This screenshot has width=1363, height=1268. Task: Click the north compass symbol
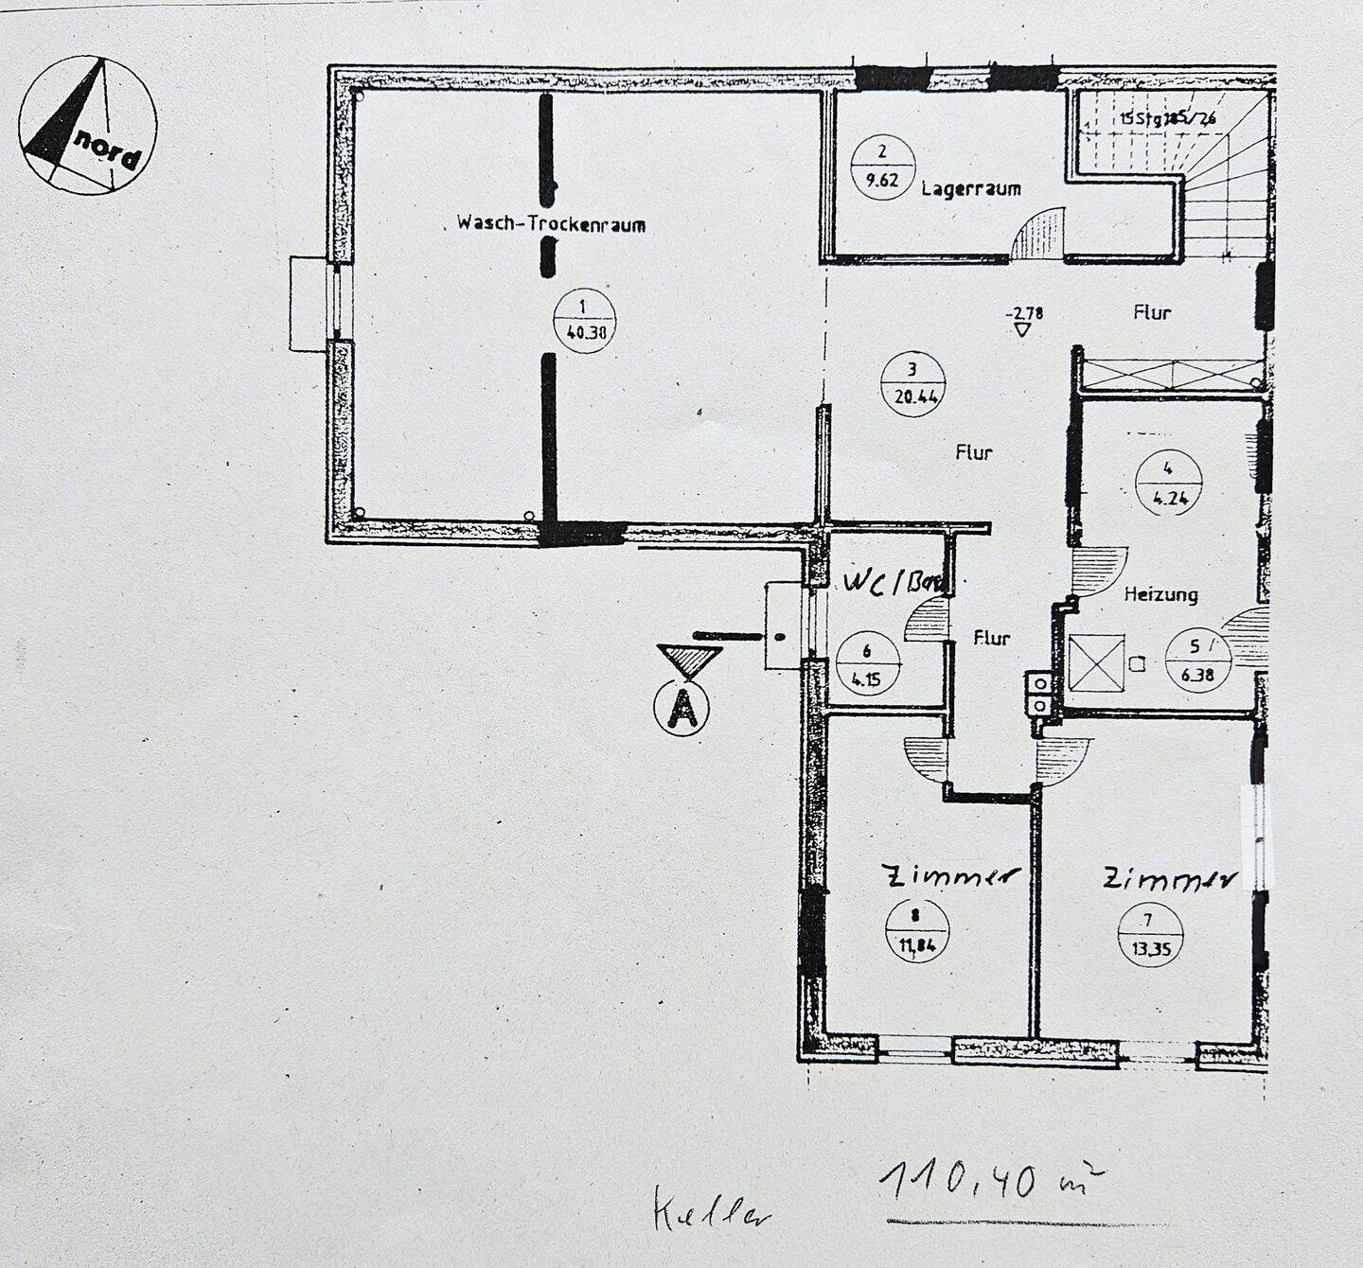[x=88, y=125]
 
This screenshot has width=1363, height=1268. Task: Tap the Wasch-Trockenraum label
[x=551, y=224]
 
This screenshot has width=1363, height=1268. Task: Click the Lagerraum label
[x=971, y=188]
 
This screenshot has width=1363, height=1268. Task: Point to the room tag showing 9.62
[x=882, y=166]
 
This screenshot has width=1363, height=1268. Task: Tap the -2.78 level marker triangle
[x=1021, y=328]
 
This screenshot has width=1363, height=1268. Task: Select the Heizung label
[x=1160, y=594]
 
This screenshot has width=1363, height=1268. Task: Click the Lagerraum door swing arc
[x=1038, y=234]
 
